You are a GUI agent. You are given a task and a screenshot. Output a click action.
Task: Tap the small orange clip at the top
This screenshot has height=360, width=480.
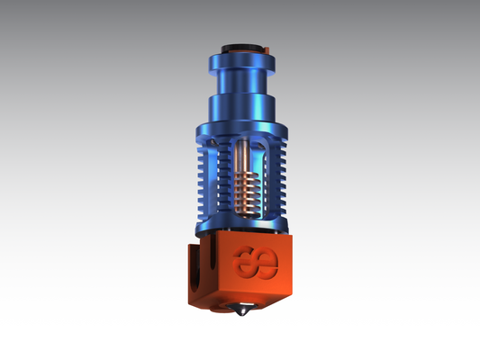[267, 45]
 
